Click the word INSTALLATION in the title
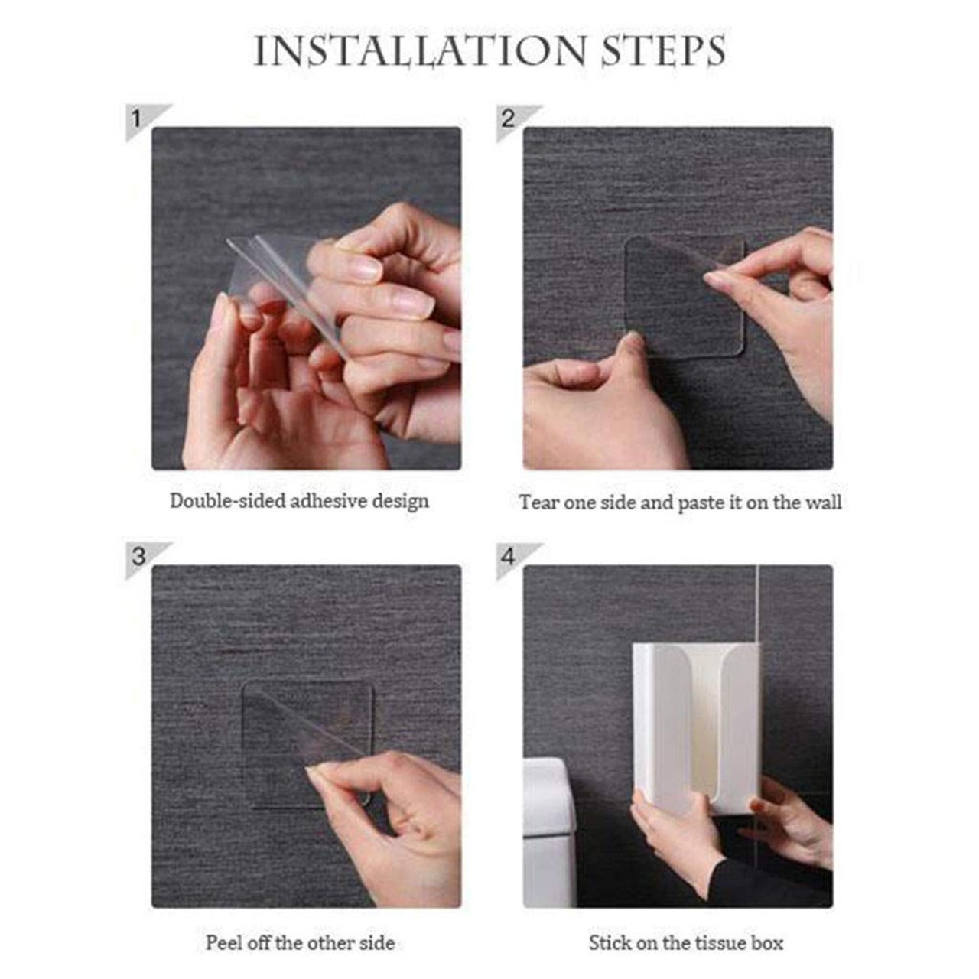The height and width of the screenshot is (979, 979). coord(420,50)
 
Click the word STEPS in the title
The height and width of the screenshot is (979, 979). coord(664,50)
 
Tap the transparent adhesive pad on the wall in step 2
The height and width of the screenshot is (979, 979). coord(685,297)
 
